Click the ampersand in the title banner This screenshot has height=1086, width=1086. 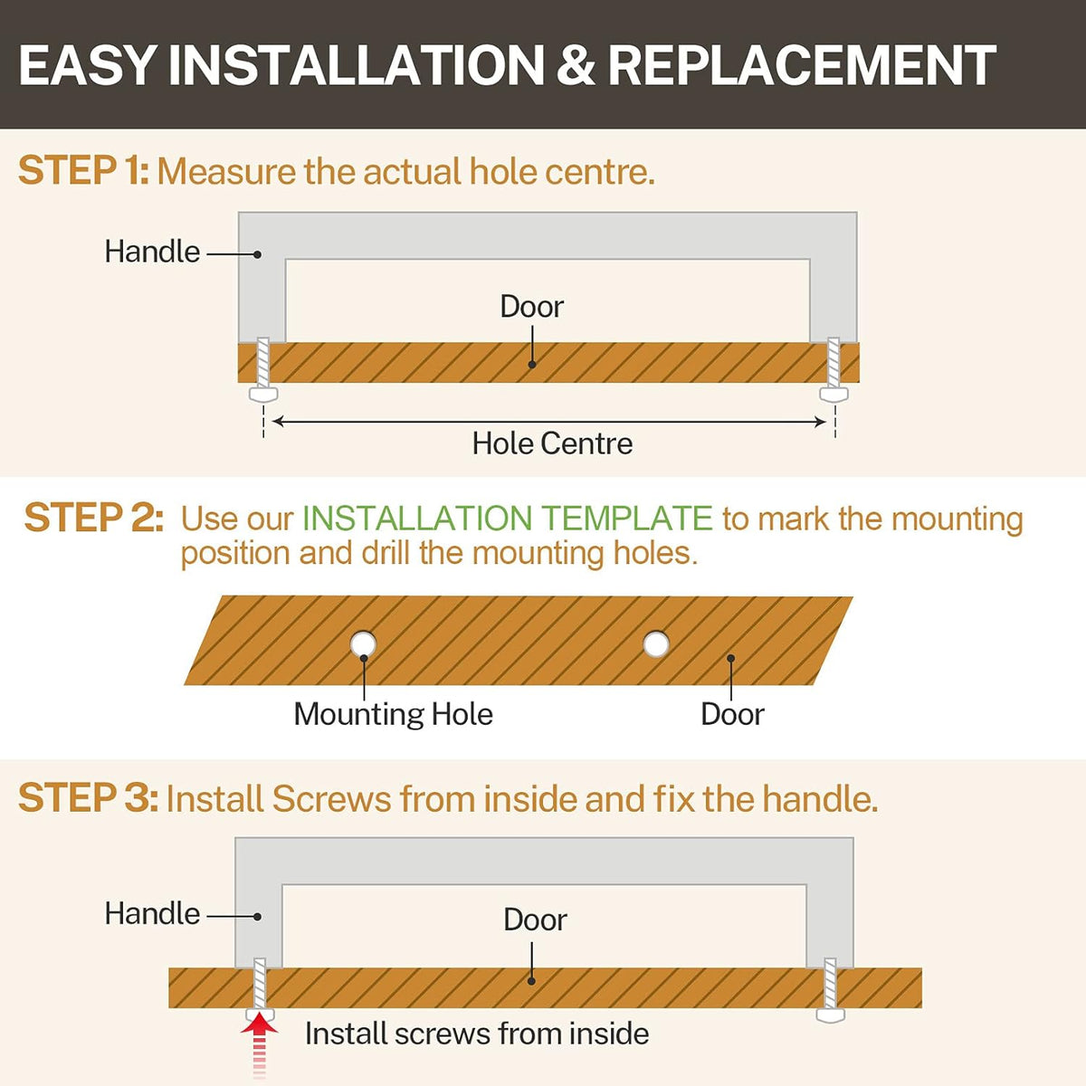tap(575, 65)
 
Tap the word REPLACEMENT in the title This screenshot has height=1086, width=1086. tap(802, 65)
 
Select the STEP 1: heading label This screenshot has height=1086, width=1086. tap(83, 170)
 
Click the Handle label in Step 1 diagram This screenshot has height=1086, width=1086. tap(152, 252)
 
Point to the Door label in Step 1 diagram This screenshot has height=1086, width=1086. tap(531, 307)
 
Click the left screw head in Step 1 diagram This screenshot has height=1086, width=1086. tap(263, 394)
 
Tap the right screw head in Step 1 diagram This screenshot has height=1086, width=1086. tap(834, 394)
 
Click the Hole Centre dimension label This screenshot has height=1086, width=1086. tap(552, 443)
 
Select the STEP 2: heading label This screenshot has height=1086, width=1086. tap(94, 518)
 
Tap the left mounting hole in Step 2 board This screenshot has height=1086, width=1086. tap(363, 643)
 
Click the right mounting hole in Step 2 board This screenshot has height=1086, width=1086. tap(656, 644)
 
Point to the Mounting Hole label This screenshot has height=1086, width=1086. tap(394, 715)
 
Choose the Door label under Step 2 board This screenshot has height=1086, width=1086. tap(732, 715)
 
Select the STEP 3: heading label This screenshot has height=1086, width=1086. tap(88, 798)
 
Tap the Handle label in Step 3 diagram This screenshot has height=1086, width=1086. tap(152, 913)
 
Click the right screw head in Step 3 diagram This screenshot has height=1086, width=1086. tap(831, 1015)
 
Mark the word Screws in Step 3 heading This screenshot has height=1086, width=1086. tap(331, 799)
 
